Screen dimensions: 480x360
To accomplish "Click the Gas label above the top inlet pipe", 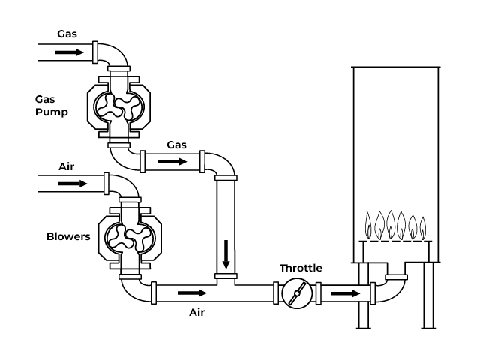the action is (67, 34).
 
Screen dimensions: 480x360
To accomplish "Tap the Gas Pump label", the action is (52, 106).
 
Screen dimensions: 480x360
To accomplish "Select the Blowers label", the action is (68, 237).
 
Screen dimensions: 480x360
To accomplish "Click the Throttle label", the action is (301, 268).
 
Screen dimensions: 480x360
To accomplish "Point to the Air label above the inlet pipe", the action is (67, 167).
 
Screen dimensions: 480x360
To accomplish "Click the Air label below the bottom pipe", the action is (196, 313).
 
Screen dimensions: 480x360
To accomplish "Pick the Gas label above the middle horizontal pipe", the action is (177, 145).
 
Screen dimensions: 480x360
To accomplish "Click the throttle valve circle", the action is (297, 293).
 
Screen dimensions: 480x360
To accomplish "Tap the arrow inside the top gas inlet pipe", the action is (69, 52).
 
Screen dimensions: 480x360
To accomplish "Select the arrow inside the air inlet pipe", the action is (73, 184).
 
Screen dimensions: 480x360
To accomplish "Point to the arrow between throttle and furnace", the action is (346, 293).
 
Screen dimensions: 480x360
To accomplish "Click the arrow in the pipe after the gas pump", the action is (172, 162).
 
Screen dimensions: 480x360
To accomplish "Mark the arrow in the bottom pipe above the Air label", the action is (192, 293).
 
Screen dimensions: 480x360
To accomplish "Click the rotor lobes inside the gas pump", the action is (118, 106).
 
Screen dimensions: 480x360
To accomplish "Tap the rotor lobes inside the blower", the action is (130, 238).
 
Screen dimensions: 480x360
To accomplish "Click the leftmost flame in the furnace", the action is (368, 226).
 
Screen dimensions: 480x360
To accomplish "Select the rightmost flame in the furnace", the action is (423, 228).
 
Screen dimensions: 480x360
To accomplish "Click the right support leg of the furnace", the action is (428, 295).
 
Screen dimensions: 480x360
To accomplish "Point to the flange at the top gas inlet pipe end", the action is (95, 52).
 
